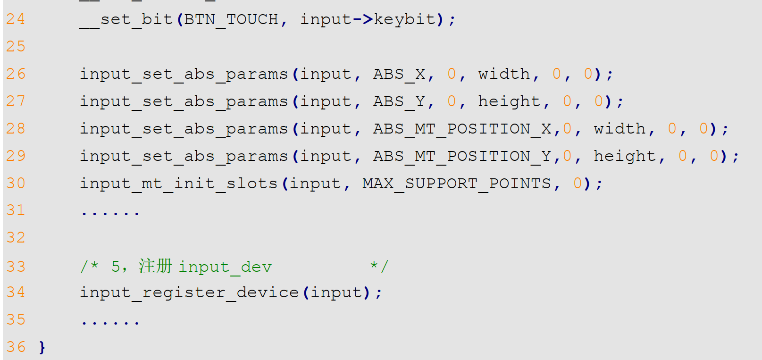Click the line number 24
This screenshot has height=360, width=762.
16,19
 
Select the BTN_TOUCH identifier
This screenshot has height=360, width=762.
231,19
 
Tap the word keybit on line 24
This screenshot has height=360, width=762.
405,19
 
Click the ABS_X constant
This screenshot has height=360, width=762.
399,74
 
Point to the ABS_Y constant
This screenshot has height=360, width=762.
399,101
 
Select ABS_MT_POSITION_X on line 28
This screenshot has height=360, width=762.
462,129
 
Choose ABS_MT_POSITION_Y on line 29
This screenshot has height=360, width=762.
462,156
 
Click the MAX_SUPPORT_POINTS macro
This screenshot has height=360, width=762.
456,184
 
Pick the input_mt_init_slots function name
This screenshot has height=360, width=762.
178,184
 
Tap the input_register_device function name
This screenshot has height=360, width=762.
189,293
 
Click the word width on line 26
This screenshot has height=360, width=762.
503,74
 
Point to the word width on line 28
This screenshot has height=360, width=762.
620,129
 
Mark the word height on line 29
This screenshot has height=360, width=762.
625,156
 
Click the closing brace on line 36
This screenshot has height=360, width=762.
42,348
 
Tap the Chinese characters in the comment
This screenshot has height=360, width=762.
155,266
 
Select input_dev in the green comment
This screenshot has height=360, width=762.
225,267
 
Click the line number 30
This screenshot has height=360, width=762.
16,184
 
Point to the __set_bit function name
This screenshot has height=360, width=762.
126,20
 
